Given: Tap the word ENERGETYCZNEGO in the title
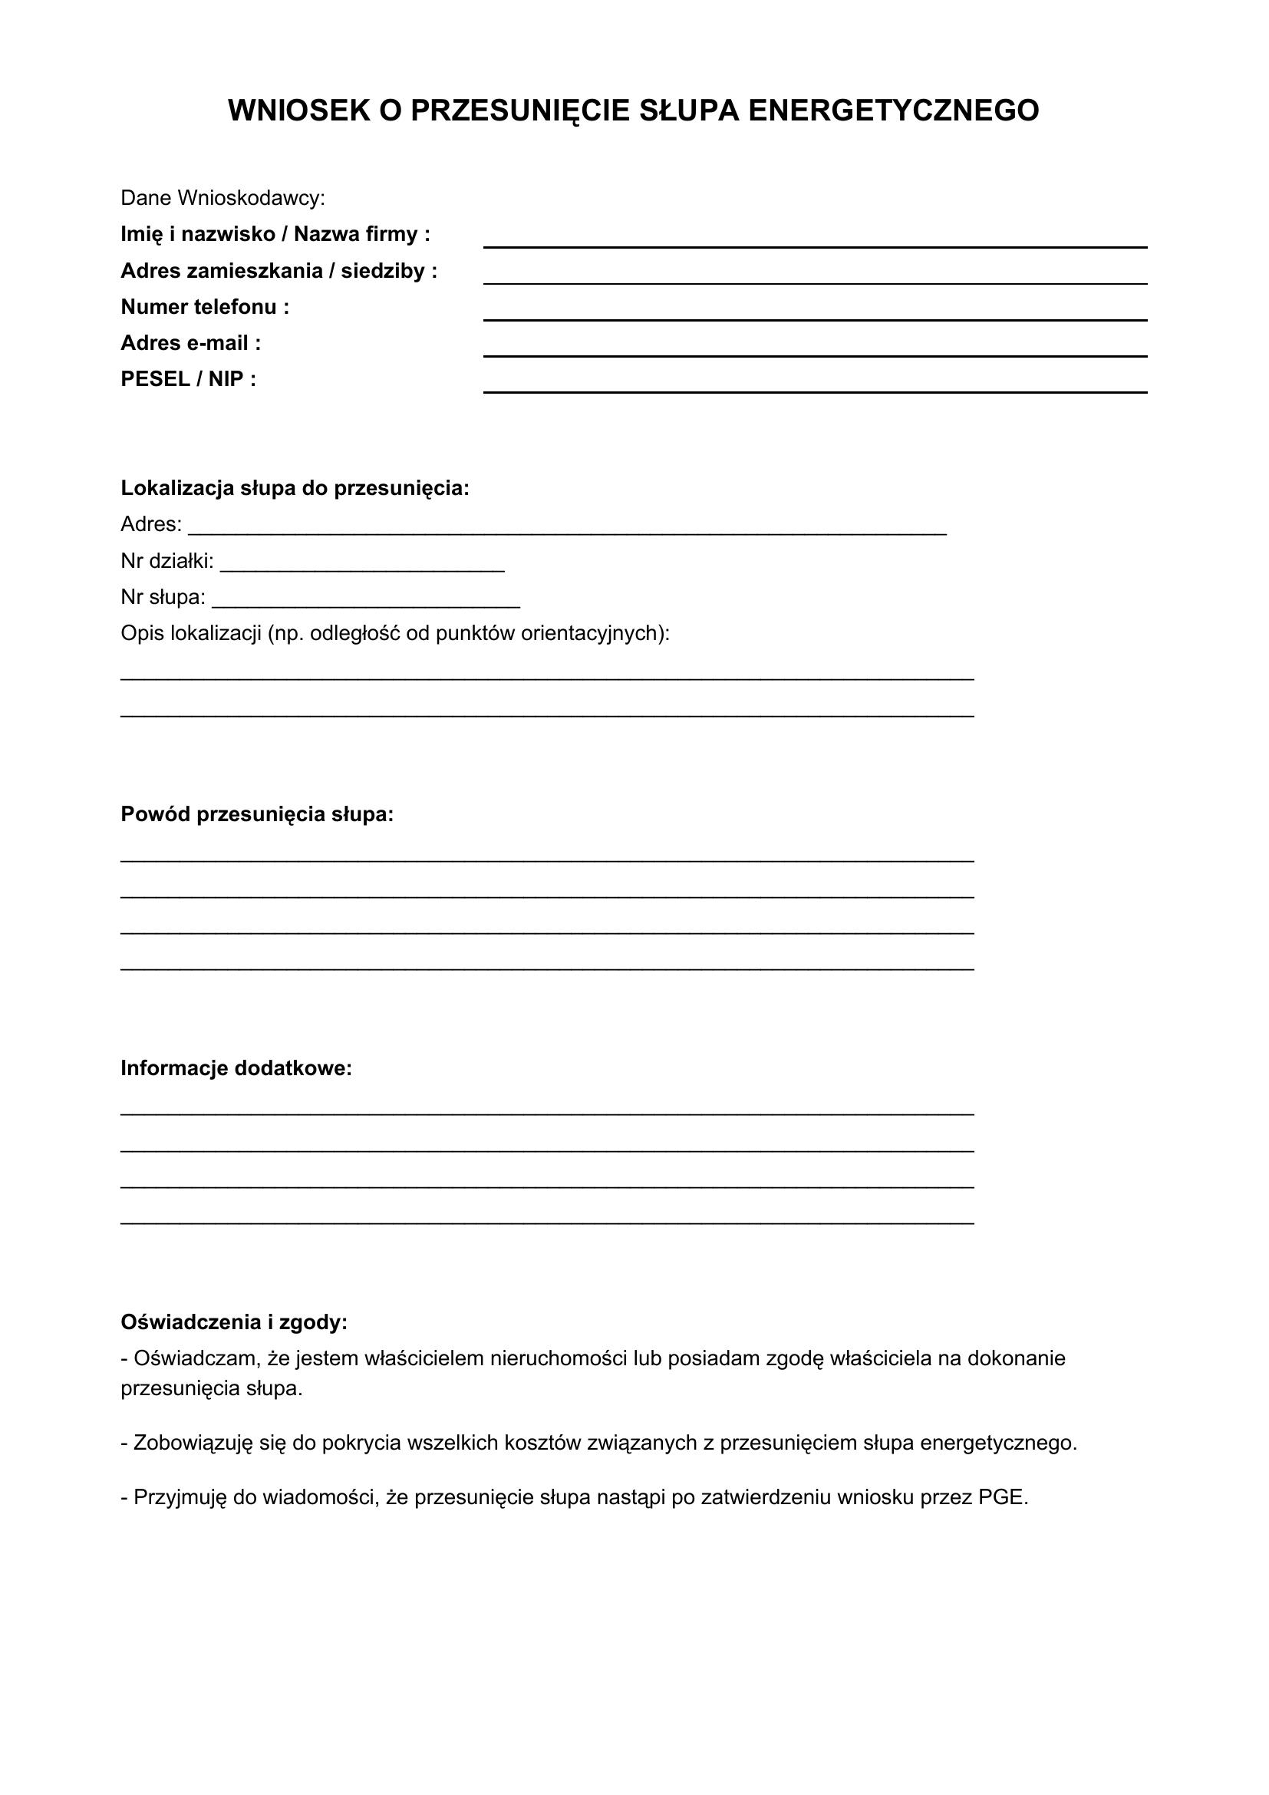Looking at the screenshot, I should [x=893, y=111].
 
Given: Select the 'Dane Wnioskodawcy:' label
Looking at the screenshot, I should [x=222, y=198].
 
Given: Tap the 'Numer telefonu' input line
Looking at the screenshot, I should [x=814, y=315].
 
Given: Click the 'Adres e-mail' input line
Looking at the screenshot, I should [x=814, y=350].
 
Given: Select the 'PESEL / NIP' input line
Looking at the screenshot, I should [x=814, y=386].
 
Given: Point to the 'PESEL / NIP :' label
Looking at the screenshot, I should [x=188, y=379].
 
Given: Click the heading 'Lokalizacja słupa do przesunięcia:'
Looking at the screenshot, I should [x=295, y=489].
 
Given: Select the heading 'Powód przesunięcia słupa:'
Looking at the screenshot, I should [x=257, y=815].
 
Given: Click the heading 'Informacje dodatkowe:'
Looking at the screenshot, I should [x=236, y=1068].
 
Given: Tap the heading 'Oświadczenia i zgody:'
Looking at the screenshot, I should [x=234, y=1322].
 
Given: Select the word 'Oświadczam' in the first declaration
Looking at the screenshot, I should [x=196, y=1359].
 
